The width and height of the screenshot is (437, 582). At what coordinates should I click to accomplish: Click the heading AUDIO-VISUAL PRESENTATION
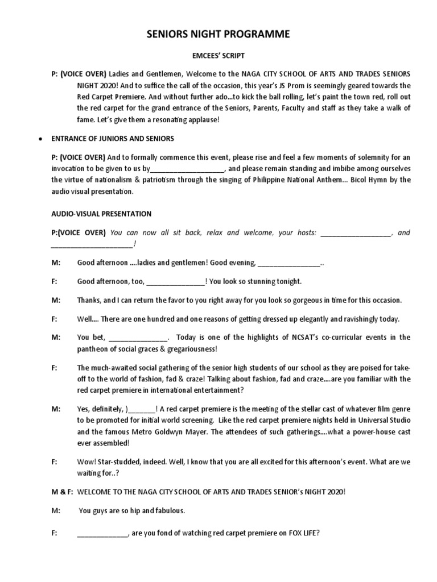101,214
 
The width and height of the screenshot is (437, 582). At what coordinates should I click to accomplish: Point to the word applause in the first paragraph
201,119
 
